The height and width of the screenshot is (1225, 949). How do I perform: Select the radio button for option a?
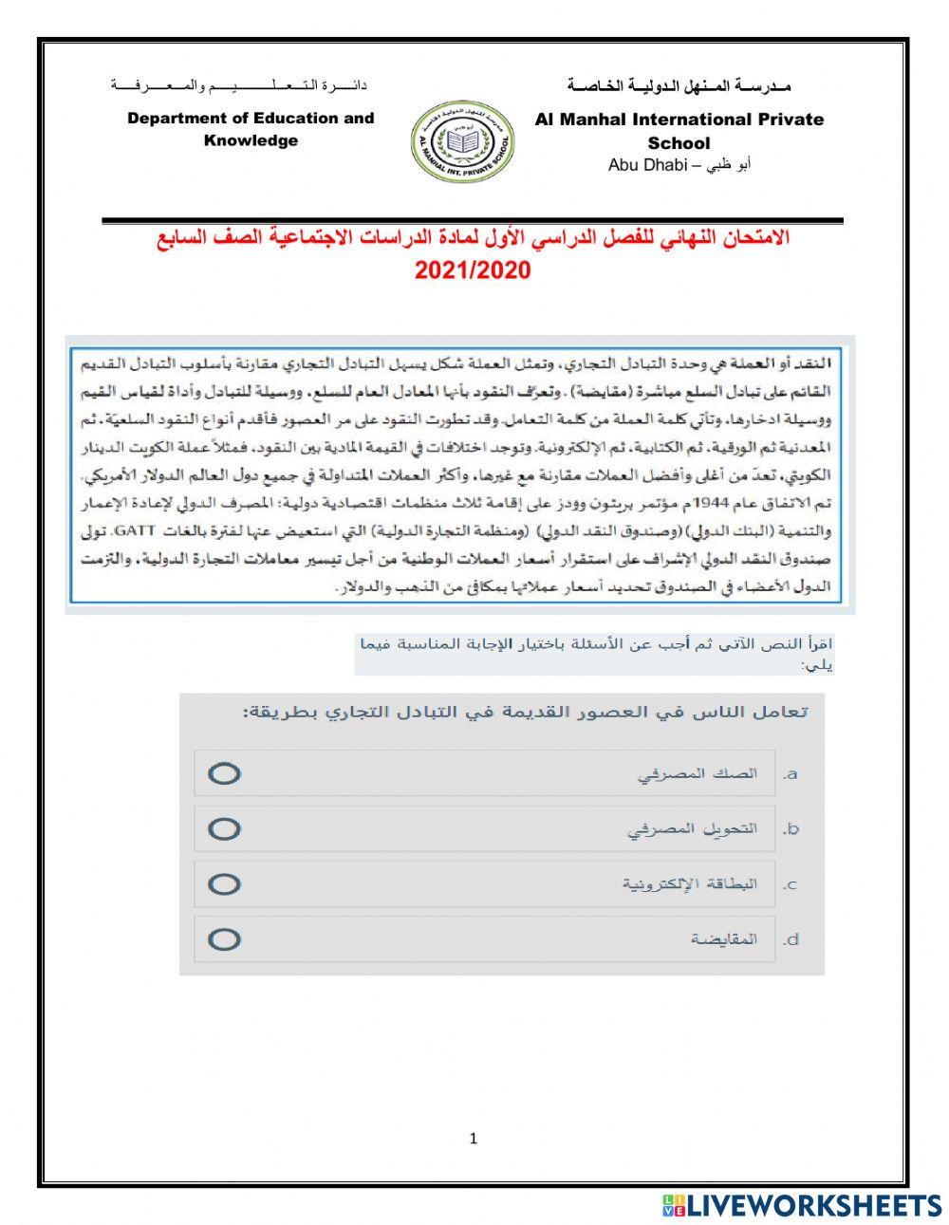point(224,773)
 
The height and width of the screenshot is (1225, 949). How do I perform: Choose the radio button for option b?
point(224,828)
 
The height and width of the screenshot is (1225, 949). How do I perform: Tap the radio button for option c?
point(224,884)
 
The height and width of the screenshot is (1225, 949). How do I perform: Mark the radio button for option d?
point(224,939)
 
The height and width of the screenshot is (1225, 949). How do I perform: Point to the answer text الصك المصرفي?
point(697,773)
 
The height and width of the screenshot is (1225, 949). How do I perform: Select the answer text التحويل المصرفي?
point(692,828)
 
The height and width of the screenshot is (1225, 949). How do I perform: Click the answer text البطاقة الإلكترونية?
point(690,884)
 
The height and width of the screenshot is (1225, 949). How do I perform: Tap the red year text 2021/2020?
point(473,270)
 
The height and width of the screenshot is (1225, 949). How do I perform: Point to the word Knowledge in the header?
point(251,140)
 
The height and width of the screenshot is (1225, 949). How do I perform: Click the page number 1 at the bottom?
point(474,1139)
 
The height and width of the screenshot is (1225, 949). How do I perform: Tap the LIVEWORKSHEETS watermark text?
point(813,1205)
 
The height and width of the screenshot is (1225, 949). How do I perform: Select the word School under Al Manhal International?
point(679,143)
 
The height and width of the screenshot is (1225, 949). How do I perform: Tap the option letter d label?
point(791,939)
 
